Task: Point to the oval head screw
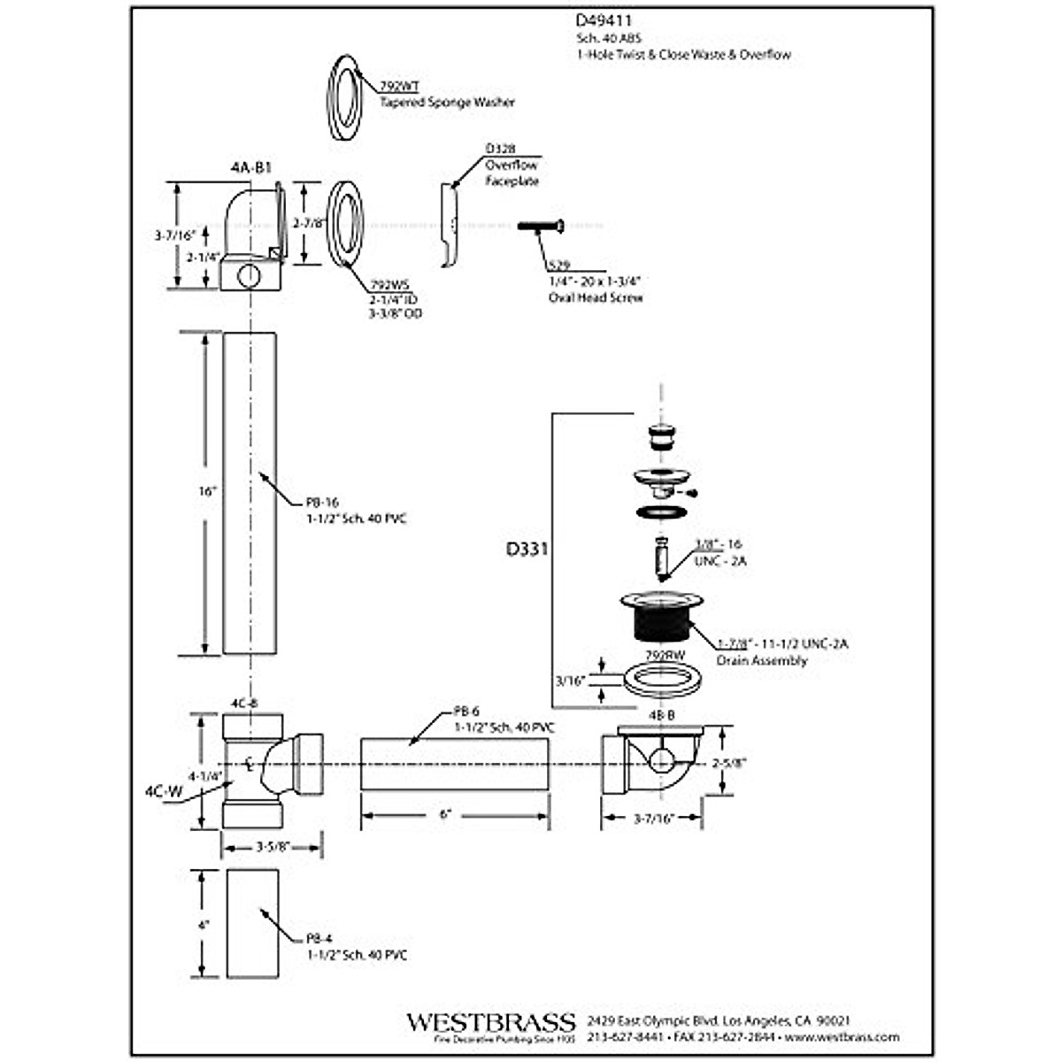click(541, 227)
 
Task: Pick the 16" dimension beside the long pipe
click(207, 491)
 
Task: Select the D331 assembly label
click(527, 549)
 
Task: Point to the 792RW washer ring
click(664, 681)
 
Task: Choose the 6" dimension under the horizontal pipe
click(445, 814)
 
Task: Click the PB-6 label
click(466, 711)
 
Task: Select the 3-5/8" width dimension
click(272, 847)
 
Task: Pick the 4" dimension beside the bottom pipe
click(205, 924)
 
